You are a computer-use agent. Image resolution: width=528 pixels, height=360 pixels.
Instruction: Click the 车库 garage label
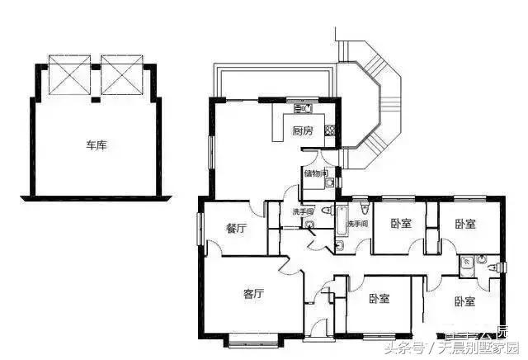click(x=96, y=145)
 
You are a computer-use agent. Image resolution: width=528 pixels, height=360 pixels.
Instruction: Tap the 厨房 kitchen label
click(x=303, y=130)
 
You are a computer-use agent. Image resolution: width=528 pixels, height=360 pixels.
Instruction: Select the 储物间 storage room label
click(x=315, y=173)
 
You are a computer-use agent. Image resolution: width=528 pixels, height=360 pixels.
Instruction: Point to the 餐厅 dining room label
click(x=236, y=229)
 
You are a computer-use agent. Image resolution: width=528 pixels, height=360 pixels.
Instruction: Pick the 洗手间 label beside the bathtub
click(x=357, y=224)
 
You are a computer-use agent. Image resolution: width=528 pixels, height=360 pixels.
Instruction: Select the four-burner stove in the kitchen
click(x=329, y=129)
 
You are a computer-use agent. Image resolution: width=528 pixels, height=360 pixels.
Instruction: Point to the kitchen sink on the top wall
click(x=302, y=108)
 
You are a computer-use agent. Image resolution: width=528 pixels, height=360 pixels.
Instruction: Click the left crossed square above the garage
click(x=69, y=74)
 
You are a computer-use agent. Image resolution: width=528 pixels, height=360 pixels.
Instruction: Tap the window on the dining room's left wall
click(x=199, y=228)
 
